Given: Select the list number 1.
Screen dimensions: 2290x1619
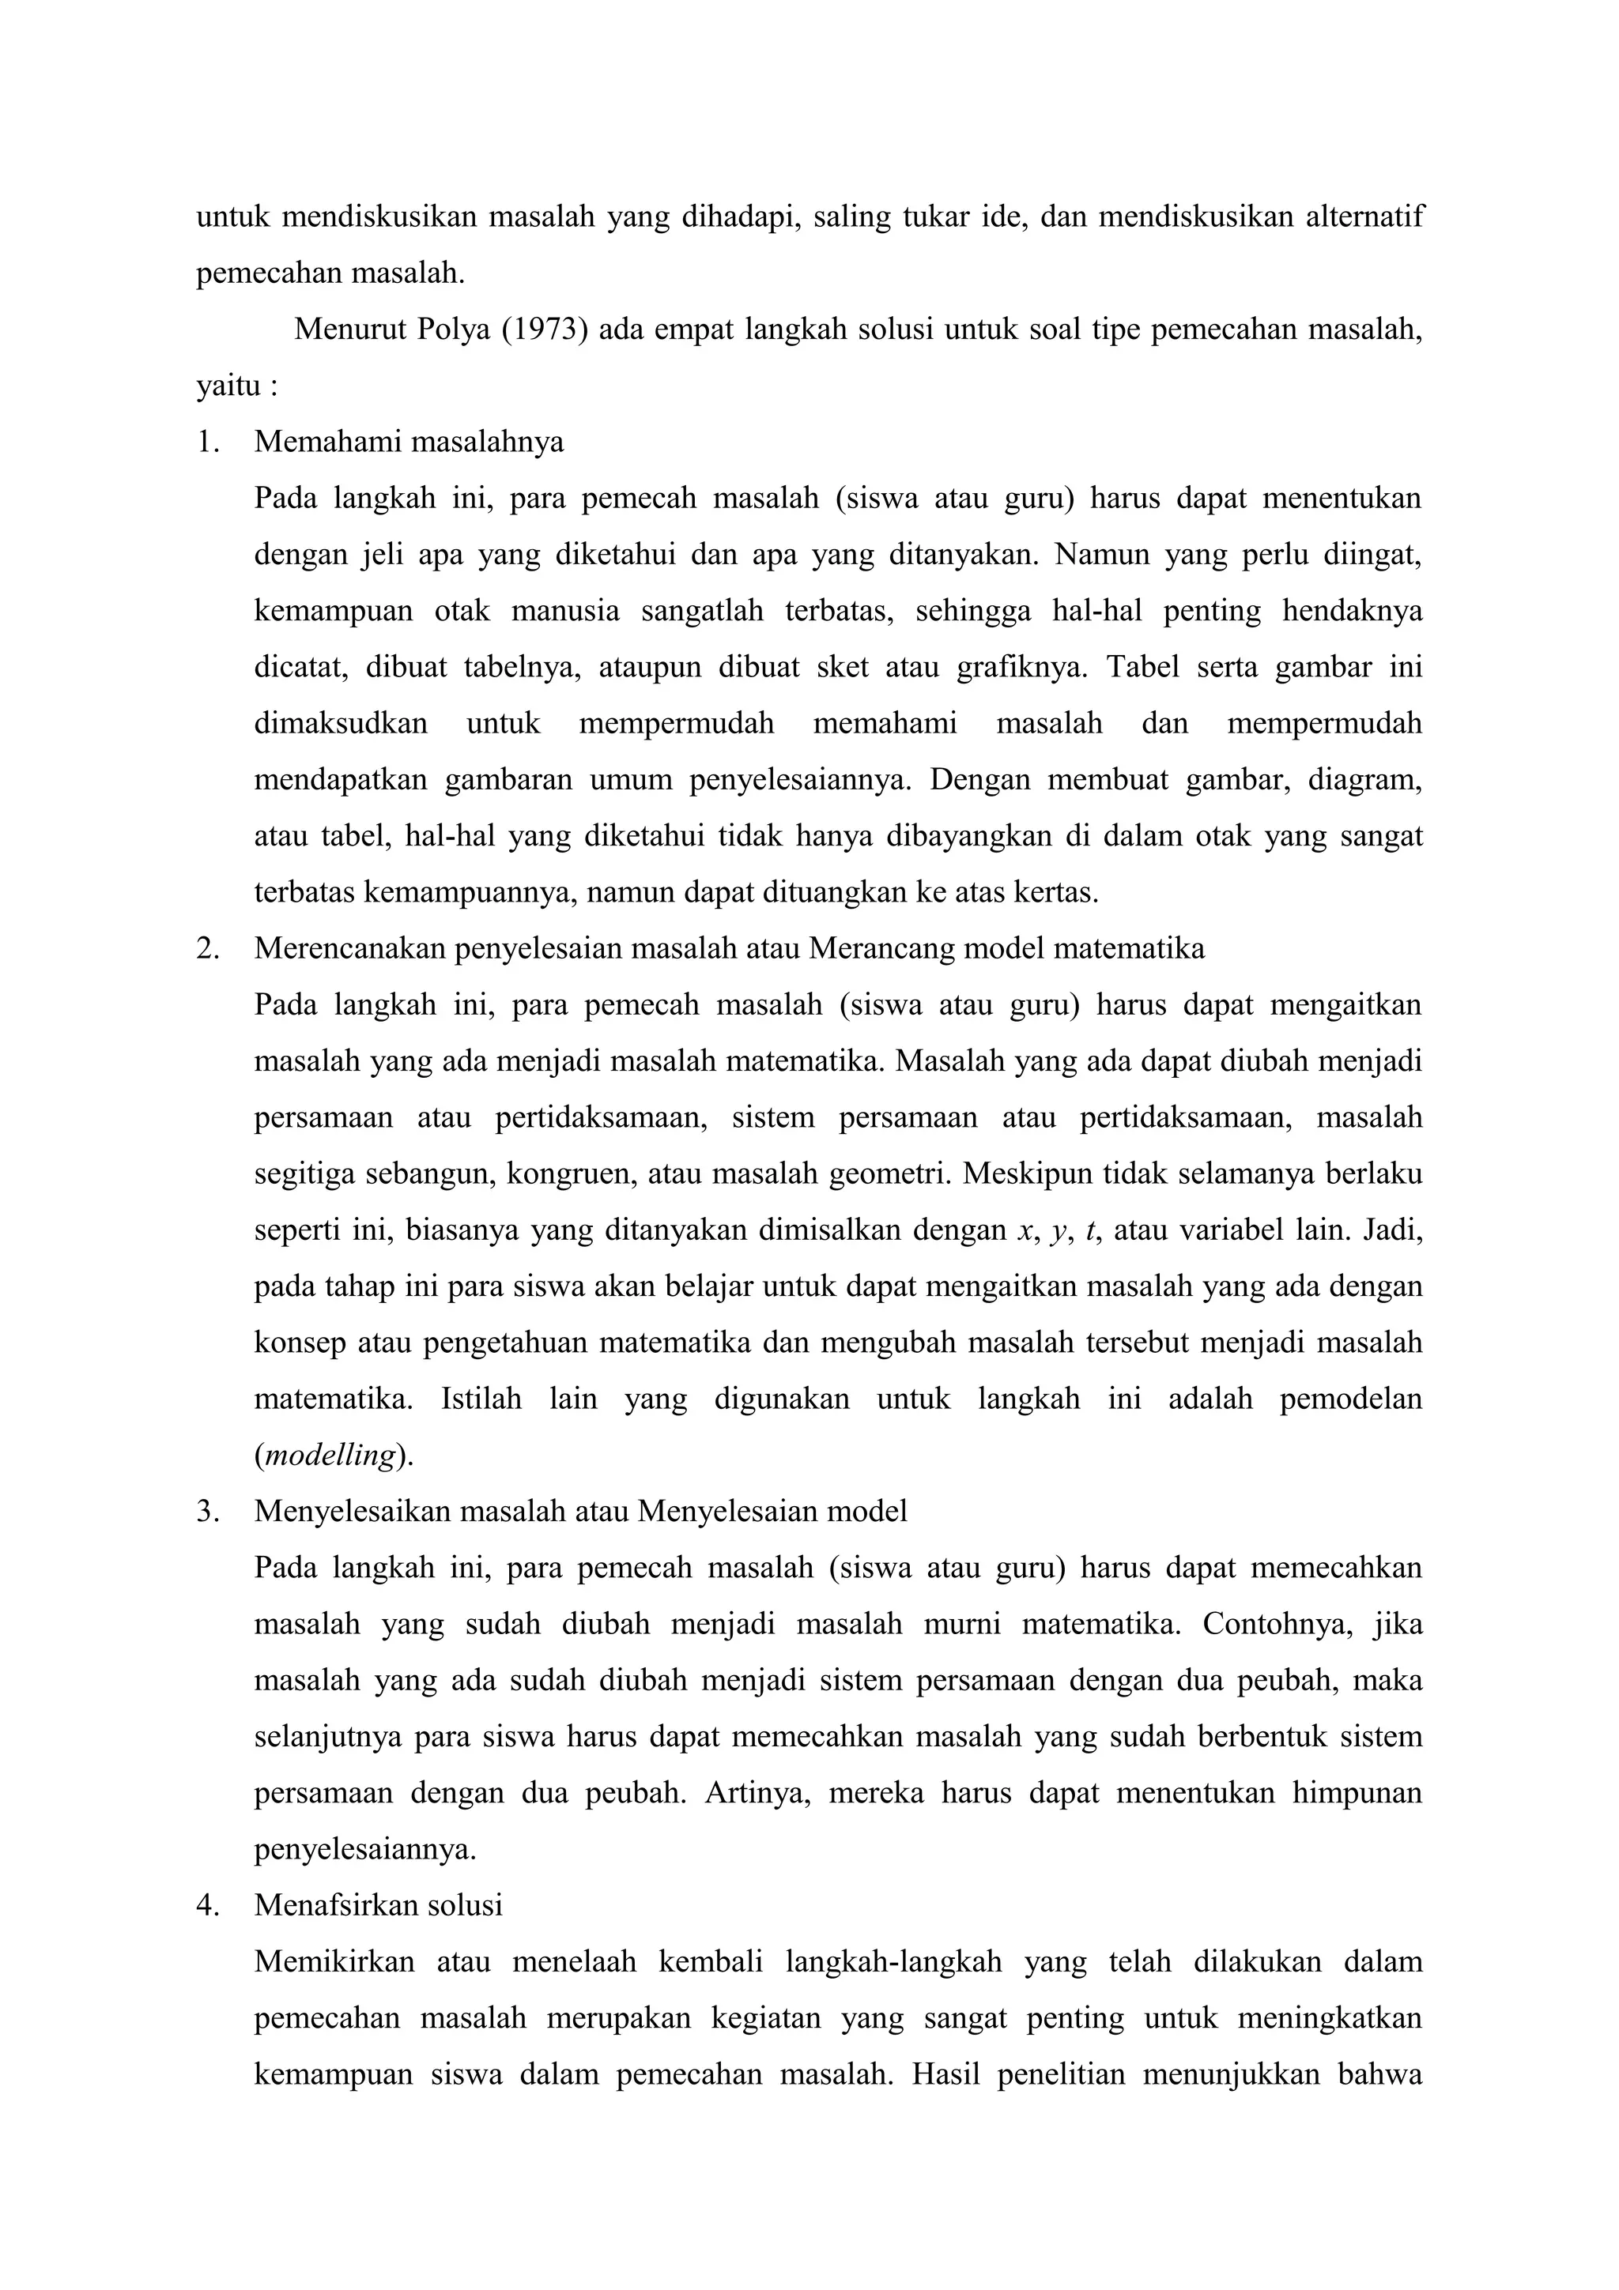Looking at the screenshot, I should [x=206, y=442].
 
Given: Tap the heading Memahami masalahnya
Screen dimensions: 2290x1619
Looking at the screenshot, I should [x=409, y=442].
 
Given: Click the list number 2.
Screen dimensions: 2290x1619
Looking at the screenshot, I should [x=206, y=947].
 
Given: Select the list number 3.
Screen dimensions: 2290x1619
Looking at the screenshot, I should [x=206, y=1511].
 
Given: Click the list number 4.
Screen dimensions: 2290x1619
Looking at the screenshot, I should [x=206, y=1906].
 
